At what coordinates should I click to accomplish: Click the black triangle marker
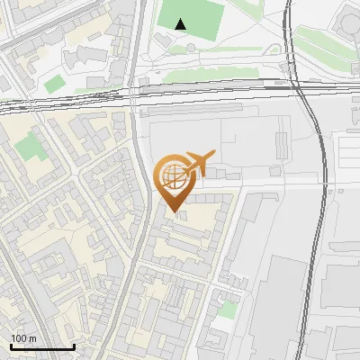(x=182, y=24)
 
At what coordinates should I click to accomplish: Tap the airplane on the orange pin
(x=198, y=163)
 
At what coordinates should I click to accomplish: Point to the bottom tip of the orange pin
(x=174, y=211)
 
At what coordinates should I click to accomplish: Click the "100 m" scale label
(x=23, y=338)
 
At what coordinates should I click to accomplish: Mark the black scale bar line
(x=41, y=346)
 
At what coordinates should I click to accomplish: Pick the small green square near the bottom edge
(x=229, y=310)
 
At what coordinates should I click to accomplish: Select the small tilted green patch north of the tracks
(x=55, y=84)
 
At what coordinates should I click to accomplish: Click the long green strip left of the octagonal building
(x=315, y=40)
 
